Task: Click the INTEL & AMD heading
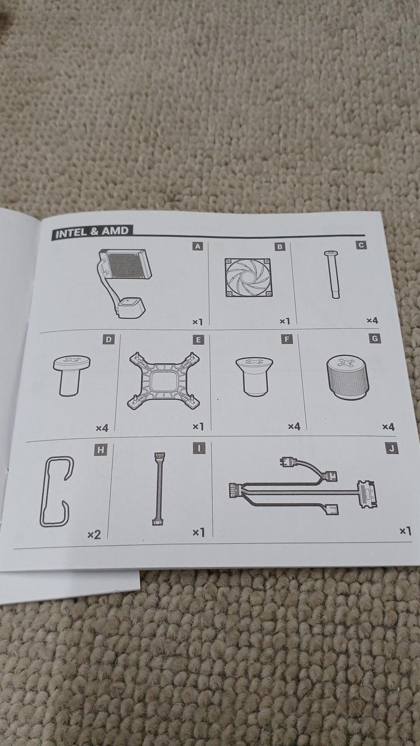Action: [92, 232]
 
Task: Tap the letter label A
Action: [198, 247]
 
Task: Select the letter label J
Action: [391, 448]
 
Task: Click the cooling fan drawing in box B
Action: [249, 277]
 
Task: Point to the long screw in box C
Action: [333, 274]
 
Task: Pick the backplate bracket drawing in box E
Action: [164, 381]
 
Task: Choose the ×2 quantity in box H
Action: [94, 535]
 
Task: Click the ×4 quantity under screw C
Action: [372, 321]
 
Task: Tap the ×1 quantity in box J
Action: [405, 531]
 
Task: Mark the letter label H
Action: [100, 451]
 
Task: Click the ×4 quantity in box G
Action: [388, 427]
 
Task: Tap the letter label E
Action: [198, 340]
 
